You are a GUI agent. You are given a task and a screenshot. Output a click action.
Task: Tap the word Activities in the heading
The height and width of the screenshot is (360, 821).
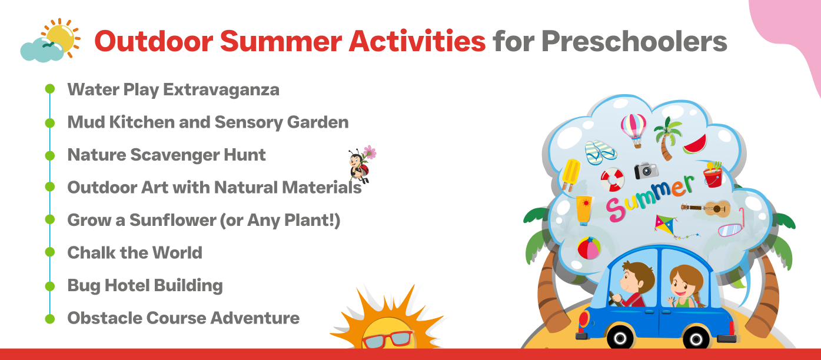[x=417, y=41]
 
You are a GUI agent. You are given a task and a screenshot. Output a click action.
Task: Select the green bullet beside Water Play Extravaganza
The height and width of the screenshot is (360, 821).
[x=50, y=89]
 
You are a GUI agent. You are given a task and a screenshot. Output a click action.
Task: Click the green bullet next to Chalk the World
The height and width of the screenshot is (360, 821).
[x=50, y=252]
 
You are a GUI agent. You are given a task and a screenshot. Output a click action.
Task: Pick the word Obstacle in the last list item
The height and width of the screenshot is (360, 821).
[x=104, y=318]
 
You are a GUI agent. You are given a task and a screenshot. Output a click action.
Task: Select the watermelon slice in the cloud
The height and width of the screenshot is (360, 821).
[x=695, y=145]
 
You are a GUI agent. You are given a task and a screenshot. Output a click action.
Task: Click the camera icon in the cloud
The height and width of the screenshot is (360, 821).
[x=646, y=171]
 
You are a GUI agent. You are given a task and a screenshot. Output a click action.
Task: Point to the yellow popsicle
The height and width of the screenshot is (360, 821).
[x=571, y=175]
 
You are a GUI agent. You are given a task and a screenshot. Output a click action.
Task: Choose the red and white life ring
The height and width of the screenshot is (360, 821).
[x=612, y=179]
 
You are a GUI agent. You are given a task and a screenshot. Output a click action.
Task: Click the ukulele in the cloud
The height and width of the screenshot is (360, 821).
[x=706, y=209]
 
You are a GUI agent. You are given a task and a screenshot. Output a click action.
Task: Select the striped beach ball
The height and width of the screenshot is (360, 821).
[x=589, y=248]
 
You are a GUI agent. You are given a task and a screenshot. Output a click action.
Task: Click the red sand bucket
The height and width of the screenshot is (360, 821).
[x=713, y=176]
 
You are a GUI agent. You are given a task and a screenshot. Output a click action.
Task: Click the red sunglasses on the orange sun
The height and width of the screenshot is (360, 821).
[x=387, y=339]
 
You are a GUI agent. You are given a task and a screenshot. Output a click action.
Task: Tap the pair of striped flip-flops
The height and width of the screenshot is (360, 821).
[x=600, y=152]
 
